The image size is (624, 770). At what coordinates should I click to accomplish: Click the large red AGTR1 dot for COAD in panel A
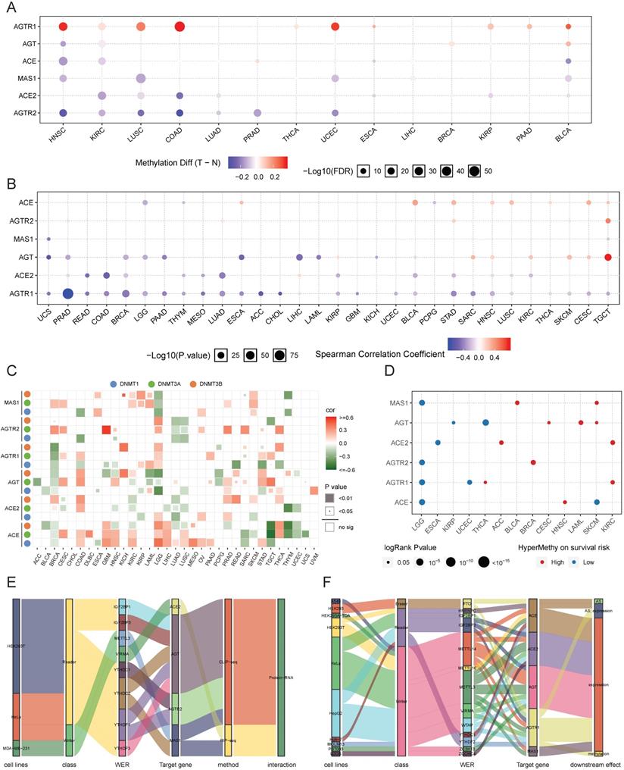[179, 27]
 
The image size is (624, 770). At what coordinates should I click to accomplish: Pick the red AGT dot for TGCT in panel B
[608, 257]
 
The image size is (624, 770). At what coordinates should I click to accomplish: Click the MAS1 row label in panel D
[399, 402]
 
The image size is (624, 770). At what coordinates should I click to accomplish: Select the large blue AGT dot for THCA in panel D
[485, 422]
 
